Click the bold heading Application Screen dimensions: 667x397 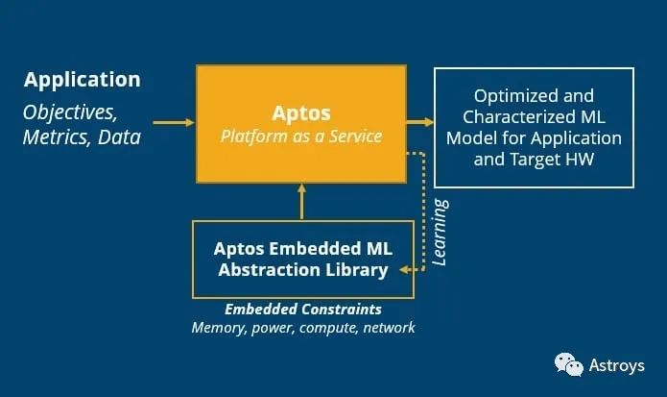(x=83, y=80)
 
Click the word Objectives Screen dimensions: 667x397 (x=70, y=112)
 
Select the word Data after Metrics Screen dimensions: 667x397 (x=119, y=137)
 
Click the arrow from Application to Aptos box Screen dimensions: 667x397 (x=174, y=123)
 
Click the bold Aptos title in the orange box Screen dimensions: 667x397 (x=301, y=113)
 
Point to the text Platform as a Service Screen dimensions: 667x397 (x=301, y=136)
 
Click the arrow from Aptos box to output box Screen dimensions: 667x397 (x=420, y=123)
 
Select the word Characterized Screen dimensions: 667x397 (x=514, y=116)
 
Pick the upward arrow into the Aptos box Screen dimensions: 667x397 (x=301, y=202)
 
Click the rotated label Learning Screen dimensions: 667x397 (x=440, y=233)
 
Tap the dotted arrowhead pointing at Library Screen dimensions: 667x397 (x=405, y=269)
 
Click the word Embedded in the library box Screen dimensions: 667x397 (x=315, y=248)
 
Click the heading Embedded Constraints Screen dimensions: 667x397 (x=303, y=310)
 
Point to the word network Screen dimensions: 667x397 (x=389, y=328)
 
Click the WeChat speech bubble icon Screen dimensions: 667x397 (x=569, y=364)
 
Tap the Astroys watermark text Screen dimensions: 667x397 (x=616, y=365)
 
